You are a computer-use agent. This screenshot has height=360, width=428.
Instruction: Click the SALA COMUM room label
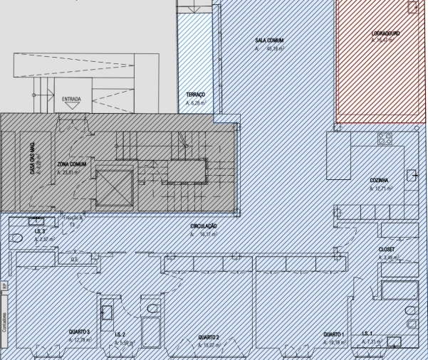click(270, 41)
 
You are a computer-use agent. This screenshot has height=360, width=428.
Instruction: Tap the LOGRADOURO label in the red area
click(385, 33)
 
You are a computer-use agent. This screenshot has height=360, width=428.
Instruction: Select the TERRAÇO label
click(195, 95)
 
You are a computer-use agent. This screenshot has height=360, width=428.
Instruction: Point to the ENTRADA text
click(71, 98)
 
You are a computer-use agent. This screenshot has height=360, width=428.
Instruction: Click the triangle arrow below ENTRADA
click(71, 106)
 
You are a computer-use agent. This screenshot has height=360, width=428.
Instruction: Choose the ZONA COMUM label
click(72, 164)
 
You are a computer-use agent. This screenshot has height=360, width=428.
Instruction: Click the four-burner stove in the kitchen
click(385, 139)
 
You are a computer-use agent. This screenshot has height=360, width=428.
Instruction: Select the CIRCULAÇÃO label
click(203, 226)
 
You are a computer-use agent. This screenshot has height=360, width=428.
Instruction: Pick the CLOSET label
click(386, 250)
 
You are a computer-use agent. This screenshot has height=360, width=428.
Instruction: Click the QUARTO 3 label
click(78, 332)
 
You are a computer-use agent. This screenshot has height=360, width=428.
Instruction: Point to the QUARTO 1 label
click(333, 334)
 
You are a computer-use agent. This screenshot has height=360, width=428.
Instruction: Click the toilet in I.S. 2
click(152, 309)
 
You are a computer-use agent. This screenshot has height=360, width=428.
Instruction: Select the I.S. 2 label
click(120, 334)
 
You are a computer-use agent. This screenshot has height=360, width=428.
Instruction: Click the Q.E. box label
click(74, 260)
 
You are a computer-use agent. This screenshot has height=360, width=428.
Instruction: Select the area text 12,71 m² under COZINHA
click(381, 189)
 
